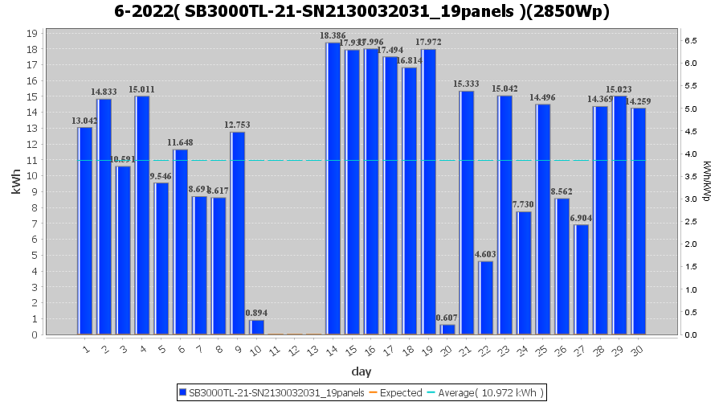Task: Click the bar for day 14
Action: coord(333,189)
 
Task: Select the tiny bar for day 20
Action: coord(448,330)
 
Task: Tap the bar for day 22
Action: coord(486,297)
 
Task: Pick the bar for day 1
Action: coord(85,231)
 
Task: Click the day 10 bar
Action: coord(257,327)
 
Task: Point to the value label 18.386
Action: coord(333,36)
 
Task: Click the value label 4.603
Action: coord(485,254)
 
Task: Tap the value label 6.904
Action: coord(581,218)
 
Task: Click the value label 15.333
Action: coord(466,84)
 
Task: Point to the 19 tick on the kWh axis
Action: coord(31,34)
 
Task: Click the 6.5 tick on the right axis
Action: coord(690,40)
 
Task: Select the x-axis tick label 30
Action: coord(640,349)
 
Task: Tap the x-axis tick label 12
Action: coord(294,349)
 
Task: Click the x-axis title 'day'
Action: coord(361,371)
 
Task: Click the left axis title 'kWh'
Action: coord(16,183)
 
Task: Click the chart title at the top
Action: coord(361,11)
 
